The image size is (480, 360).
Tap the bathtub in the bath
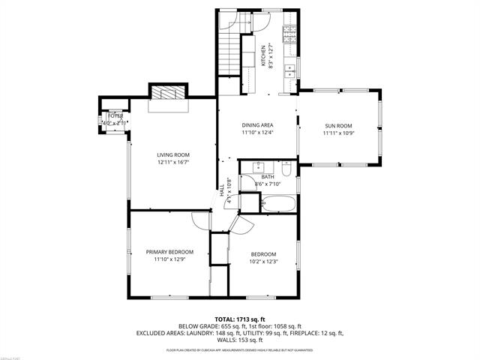click(280, 202)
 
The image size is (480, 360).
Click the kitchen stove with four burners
click(289, 33)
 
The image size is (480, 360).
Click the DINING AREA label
click(257, 125)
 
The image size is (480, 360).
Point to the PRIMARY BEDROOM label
click(169, 252)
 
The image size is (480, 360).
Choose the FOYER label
click(115, 116)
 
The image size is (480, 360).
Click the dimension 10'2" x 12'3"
click(264, 262)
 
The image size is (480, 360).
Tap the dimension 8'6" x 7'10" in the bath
click(267, 184)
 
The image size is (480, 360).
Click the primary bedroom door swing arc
click(199, 221)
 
